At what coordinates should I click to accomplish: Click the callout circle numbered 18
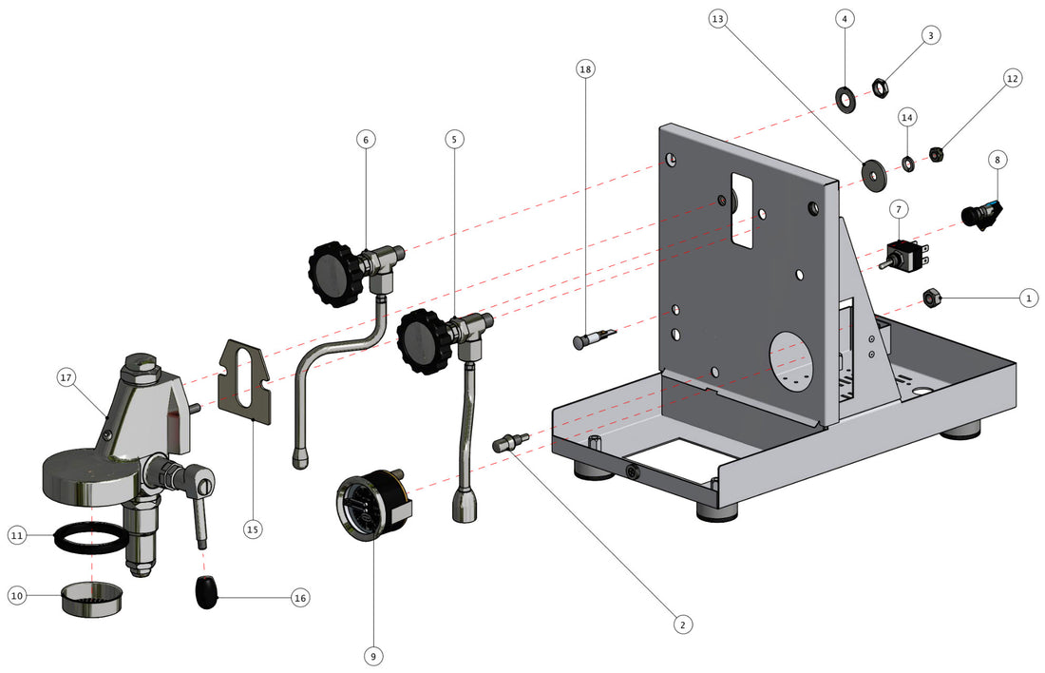tap(586, 69)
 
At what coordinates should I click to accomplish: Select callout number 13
tap(719, 19)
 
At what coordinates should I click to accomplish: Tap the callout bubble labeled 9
tap(371, 655)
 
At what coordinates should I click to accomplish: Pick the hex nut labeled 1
tap(932, 298)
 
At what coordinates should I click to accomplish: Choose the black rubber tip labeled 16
tap(206, 594)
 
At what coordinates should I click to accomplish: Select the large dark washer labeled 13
tap(871, 169)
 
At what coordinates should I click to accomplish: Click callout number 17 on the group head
tap(66, 378)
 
